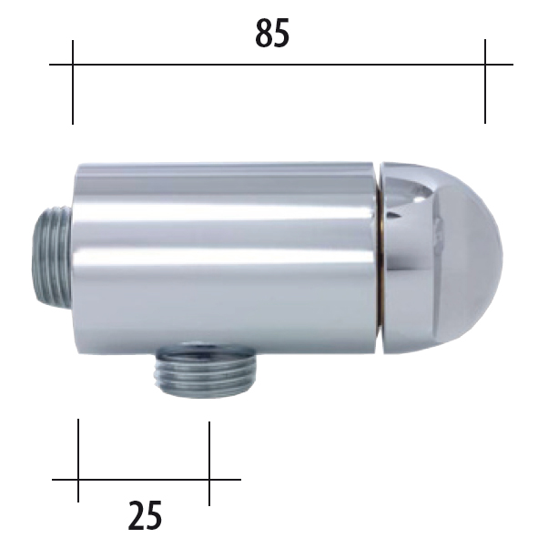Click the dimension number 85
point(272,33)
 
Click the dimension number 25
point(145,515)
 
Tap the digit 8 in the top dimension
point(263,33)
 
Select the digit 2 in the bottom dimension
point(136,515)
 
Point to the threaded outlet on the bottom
point(206,371)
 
